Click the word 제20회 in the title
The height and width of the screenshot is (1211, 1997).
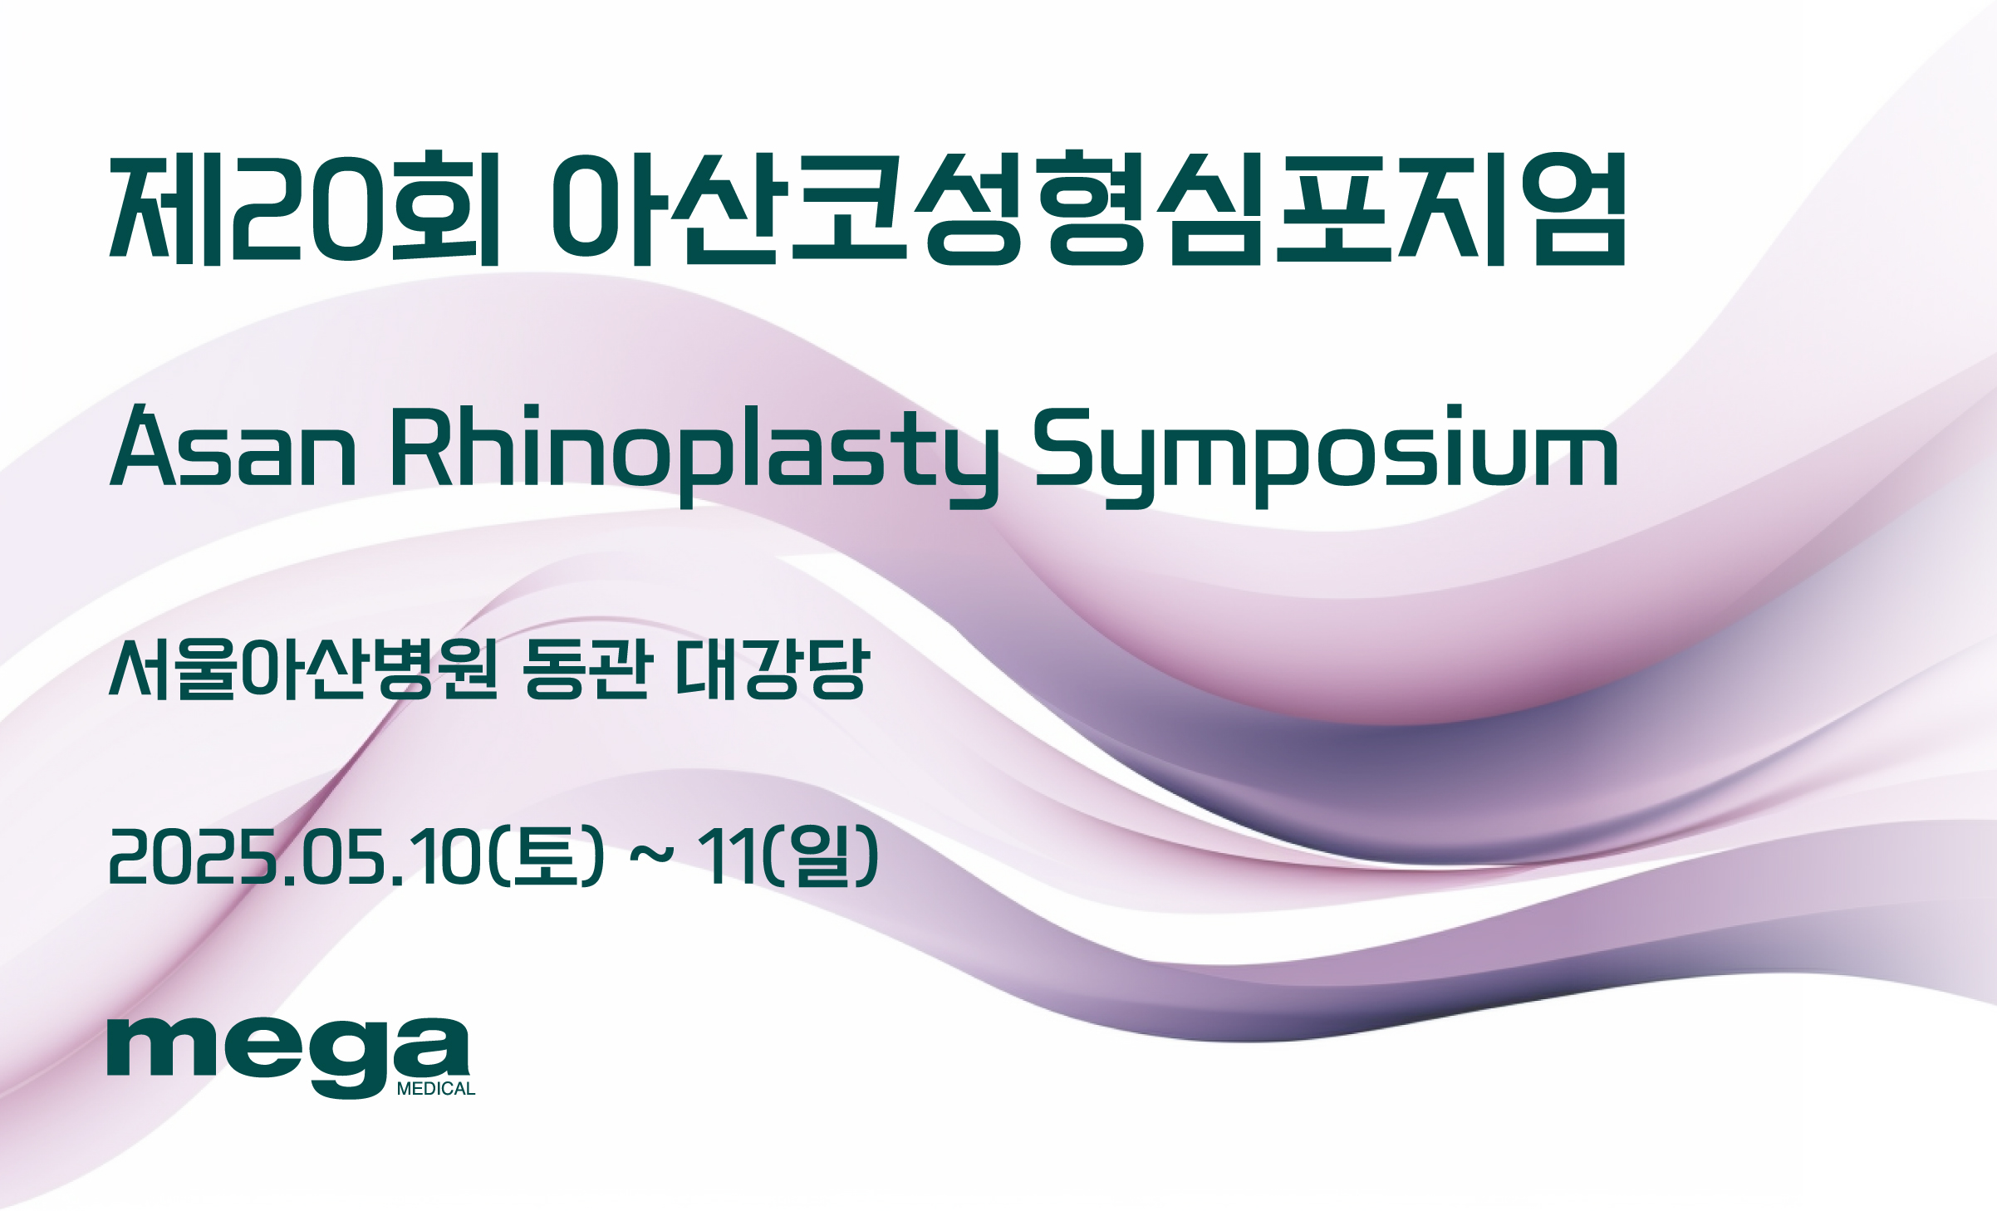click(305, 208)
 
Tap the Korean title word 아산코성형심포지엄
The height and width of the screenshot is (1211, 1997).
click(1088, 208)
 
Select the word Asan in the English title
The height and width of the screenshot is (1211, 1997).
click(233, 446)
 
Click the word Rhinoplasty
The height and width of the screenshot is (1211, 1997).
click(694, 455)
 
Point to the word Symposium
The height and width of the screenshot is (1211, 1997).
click(1325, 455)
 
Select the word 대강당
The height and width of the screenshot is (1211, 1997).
click(773, 669)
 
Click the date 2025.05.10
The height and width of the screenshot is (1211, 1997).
click(296, 856)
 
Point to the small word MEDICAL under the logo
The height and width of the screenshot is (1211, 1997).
click(436, 1089)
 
